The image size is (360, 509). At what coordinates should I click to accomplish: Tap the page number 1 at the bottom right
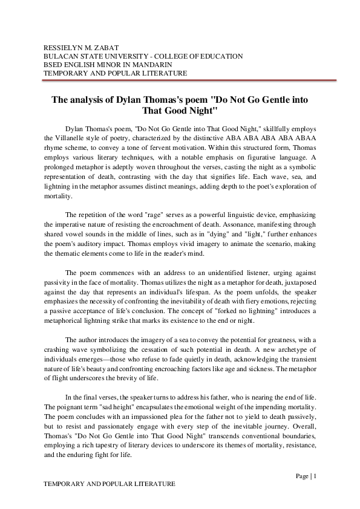315,476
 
